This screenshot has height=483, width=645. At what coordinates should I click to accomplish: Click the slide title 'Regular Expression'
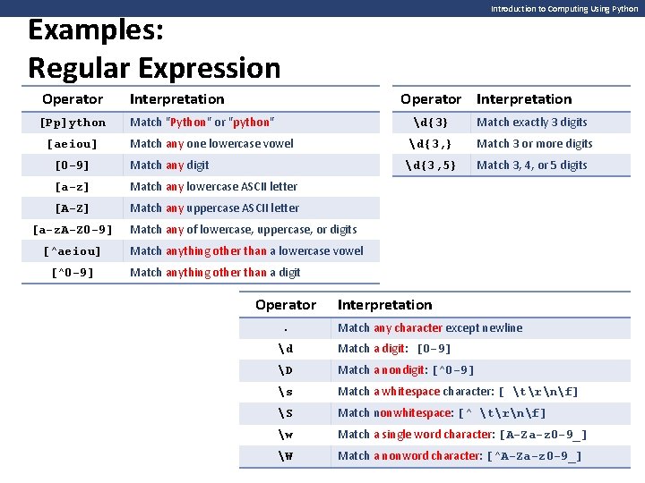154,68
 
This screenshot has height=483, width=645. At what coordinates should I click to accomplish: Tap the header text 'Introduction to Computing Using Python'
564,9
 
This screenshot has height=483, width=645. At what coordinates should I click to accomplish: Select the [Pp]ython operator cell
73,123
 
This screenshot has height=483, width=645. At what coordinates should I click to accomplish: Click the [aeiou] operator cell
73,144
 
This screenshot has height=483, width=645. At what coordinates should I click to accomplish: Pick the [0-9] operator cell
73,165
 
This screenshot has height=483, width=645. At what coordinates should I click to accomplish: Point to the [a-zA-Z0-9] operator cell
73,230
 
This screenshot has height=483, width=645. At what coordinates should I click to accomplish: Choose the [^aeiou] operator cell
73,251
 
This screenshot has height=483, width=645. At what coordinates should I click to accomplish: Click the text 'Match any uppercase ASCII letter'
214,208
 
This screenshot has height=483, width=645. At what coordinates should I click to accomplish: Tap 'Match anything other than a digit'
215,273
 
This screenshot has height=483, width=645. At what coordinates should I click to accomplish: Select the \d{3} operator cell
430,123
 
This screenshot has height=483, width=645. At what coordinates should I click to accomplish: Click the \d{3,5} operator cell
430,165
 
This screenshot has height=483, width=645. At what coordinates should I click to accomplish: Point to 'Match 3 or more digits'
534,144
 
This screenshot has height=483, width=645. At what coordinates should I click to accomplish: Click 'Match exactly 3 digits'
531,123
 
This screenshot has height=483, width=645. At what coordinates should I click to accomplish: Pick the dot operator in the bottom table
285,328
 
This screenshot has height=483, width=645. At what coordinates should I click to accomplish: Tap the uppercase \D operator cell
285,370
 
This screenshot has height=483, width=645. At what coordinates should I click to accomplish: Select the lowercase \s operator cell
285,392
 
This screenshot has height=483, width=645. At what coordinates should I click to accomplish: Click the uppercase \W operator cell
285,456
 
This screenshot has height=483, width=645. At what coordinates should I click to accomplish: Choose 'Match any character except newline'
429,328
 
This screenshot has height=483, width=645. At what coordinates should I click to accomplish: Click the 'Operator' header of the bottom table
285,305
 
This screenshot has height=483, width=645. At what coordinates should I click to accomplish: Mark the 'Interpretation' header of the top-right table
523,99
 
